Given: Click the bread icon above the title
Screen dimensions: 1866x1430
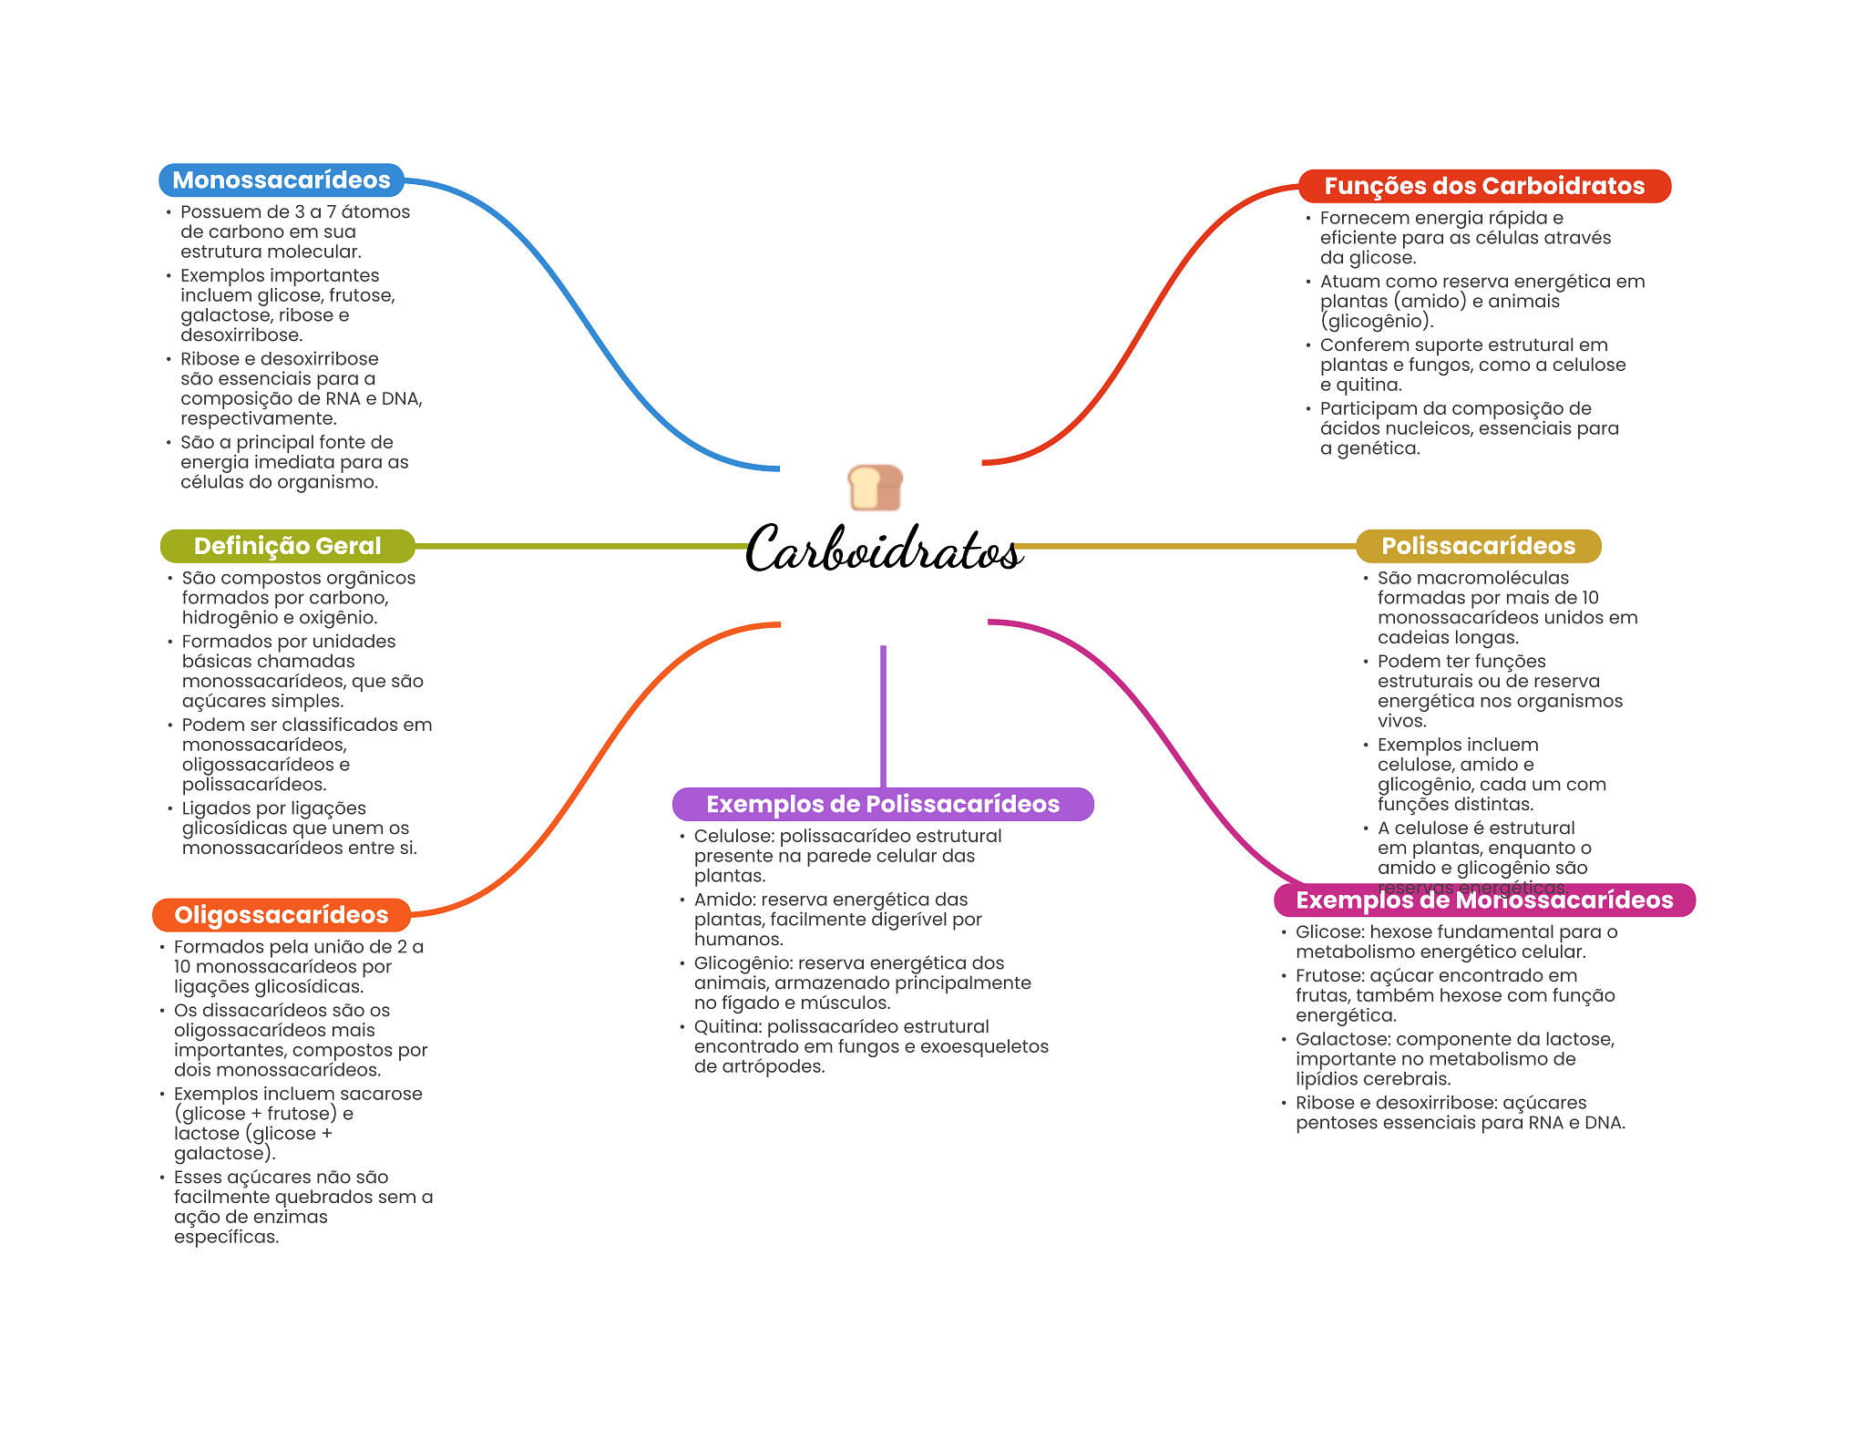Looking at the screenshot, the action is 875,488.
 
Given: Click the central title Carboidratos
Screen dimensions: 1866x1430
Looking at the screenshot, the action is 883,550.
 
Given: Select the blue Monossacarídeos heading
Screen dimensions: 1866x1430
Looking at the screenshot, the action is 281,180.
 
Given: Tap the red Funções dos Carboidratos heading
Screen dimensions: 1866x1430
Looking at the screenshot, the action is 1483,186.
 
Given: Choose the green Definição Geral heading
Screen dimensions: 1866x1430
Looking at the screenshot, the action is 287,546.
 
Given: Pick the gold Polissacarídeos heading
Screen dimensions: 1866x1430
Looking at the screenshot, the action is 1478,546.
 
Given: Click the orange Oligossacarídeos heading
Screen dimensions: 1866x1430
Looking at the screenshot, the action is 281,915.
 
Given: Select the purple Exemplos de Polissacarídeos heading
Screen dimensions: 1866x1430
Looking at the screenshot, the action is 882,804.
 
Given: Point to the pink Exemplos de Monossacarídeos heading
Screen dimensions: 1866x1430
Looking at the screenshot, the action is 1483,900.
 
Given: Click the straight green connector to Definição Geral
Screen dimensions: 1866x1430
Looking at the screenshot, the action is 583,546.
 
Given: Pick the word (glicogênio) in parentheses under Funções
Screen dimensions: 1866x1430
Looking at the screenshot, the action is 1377,322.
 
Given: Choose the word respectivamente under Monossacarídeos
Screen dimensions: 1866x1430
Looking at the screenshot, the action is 259,419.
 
